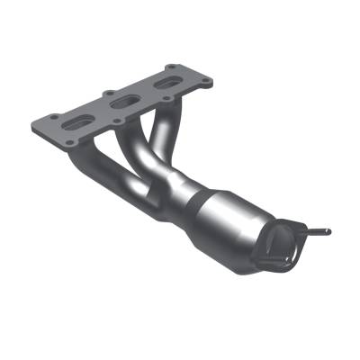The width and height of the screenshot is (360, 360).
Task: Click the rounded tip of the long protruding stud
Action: coord(328,232)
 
